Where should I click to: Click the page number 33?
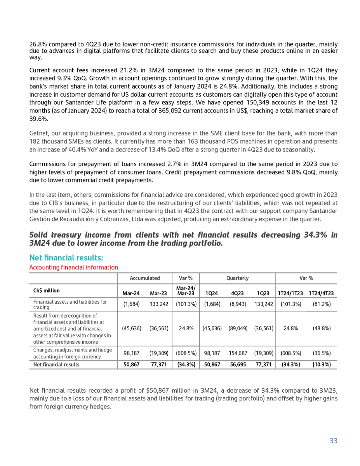[x=333, y=440]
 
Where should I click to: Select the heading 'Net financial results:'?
[x=66, y=258]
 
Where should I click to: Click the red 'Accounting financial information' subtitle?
[x=73, y=267]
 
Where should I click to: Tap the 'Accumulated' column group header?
[x=144, y=278]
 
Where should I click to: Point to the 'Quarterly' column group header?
[x=237, y=278]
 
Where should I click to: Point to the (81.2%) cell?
[x=322, y=304]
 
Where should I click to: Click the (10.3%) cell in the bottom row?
[x=322, y=365]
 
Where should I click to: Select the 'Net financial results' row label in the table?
[x=56, y=365]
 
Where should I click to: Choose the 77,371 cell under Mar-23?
[x=158, y=365]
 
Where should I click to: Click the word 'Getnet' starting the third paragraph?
[x=38, y=133]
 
